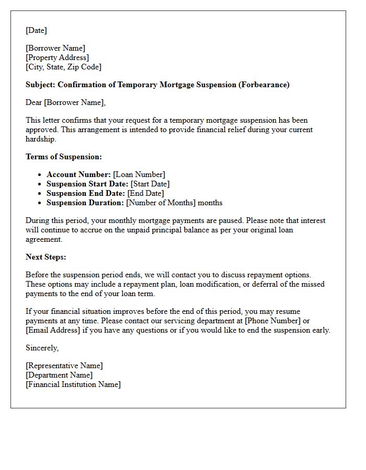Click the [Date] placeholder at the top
[36, 30]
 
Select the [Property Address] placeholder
[57, 57]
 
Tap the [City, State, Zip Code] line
[63, 67]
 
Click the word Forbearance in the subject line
[263, 85]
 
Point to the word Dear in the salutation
[34, 102]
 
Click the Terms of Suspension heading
[64, 157]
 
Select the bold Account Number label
[78, 174]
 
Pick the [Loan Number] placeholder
[139, 174]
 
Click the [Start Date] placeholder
[150, 184]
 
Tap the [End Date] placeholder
[145, 193]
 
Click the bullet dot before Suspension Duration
[40, 203]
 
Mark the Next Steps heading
[46, 257]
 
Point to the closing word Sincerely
[42, 348]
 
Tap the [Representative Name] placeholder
[64, 366]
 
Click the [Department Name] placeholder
[59, 375]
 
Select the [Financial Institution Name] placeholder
[73, 384]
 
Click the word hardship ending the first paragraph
[40, 139]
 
